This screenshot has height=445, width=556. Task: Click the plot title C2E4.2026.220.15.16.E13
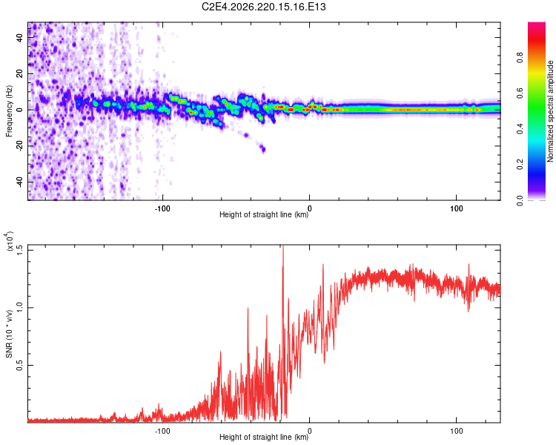(263, 7)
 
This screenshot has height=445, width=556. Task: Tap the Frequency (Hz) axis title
(9, 111)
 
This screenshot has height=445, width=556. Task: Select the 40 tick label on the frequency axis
(20, 37)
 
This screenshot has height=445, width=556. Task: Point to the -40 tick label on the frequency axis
(20, 182)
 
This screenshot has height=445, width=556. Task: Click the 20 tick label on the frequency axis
(20, 73)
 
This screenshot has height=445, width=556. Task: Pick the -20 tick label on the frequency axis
(20, 146)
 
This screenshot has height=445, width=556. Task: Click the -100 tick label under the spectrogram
(162, 208)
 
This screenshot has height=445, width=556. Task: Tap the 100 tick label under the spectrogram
(457, 208)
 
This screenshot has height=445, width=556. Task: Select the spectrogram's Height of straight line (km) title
(264, 214)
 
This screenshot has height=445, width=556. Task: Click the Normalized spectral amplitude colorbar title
(550, 111)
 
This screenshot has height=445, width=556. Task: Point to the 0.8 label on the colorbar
(520, 57)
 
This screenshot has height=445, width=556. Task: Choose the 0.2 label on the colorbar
(520, 165)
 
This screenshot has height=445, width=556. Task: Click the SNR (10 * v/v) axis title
(9, 334)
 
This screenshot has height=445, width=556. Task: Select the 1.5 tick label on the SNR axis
(20, 250)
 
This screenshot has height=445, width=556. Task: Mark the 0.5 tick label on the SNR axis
(20, 365)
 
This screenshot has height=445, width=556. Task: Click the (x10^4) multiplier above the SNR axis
(9, 241)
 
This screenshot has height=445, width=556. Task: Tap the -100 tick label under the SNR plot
(162, 431)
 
